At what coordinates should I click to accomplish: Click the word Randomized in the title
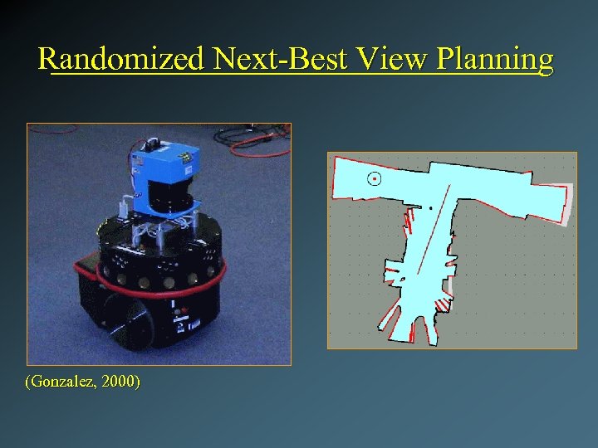tap(121, 59)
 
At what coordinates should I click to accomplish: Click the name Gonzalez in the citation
tap(63, 382)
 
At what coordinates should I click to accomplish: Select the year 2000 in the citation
tap(120, 382)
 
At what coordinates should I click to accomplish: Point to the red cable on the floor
tap(257, 145)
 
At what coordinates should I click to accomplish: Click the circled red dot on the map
tap(375, 178)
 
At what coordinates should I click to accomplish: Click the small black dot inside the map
tap(430, 208)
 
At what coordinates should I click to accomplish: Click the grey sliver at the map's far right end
tap(570, 203)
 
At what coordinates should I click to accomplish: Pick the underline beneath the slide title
tap(299, 75)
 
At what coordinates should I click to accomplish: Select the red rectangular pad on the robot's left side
tap(83, 267)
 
